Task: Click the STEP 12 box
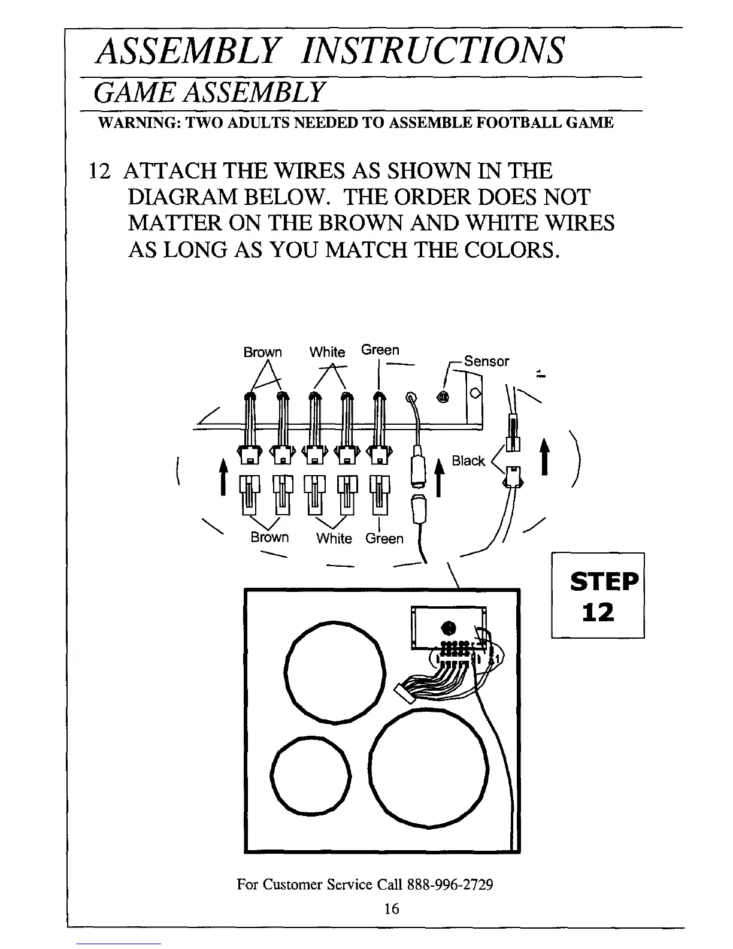pyautogui.click(x=598, y=595)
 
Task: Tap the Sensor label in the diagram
pyautogui.click(x=486, y=361)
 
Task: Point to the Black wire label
pyautogui.click(x=468, y=461)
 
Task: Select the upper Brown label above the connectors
pyautogui.click(x=262, y=352)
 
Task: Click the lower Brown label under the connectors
pyautogui.click(x=269, y=537)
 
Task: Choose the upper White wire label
pyautogui.click(x=327, y=352)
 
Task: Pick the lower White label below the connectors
pyautogui.click(x=334, y=538)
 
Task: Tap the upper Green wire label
pyautogui.click(x=380, y=350)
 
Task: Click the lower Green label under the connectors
pyautogui.click(x=384, y=539)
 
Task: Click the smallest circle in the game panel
pyautogui.click(x=310, y=774)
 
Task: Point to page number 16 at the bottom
pyautogui.click(x=391, y=909)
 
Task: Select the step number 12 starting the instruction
pyautogui.click(x=98, y=172)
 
